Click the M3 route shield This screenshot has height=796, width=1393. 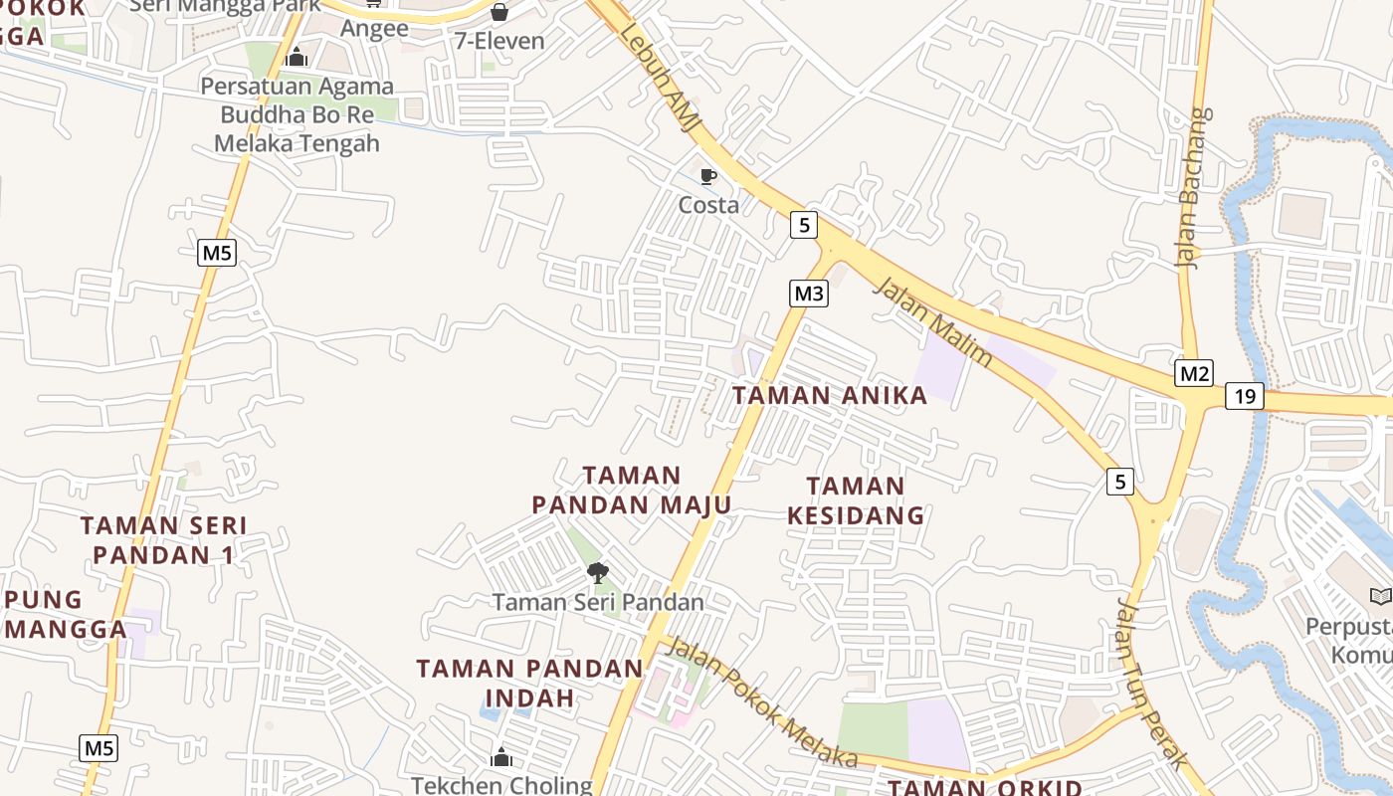[809, 294]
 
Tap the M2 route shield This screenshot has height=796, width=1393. [1194, 373]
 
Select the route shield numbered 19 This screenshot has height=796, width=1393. [1244, 396]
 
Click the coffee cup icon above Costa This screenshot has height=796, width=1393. [708, 177]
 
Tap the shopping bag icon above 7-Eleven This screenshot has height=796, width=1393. [499, 13]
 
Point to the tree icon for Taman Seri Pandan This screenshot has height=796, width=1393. [597, 572]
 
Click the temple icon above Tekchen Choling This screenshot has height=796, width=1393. [501, 758]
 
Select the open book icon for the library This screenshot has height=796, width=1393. [1381, 596]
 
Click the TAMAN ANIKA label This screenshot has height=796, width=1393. [830, 395]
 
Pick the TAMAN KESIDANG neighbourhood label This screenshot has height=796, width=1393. [856, 500]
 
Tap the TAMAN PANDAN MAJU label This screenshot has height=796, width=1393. [632, 491]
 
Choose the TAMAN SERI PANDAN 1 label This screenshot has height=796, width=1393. [163, 539]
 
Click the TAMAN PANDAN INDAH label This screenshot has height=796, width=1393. [529, 683]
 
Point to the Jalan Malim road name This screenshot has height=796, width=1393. [932, 322]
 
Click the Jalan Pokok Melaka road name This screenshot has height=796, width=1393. [761, 701]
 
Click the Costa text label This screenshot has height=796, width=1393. [708, 205]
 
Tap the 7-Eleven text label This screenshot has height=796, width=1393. [499, 41]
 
